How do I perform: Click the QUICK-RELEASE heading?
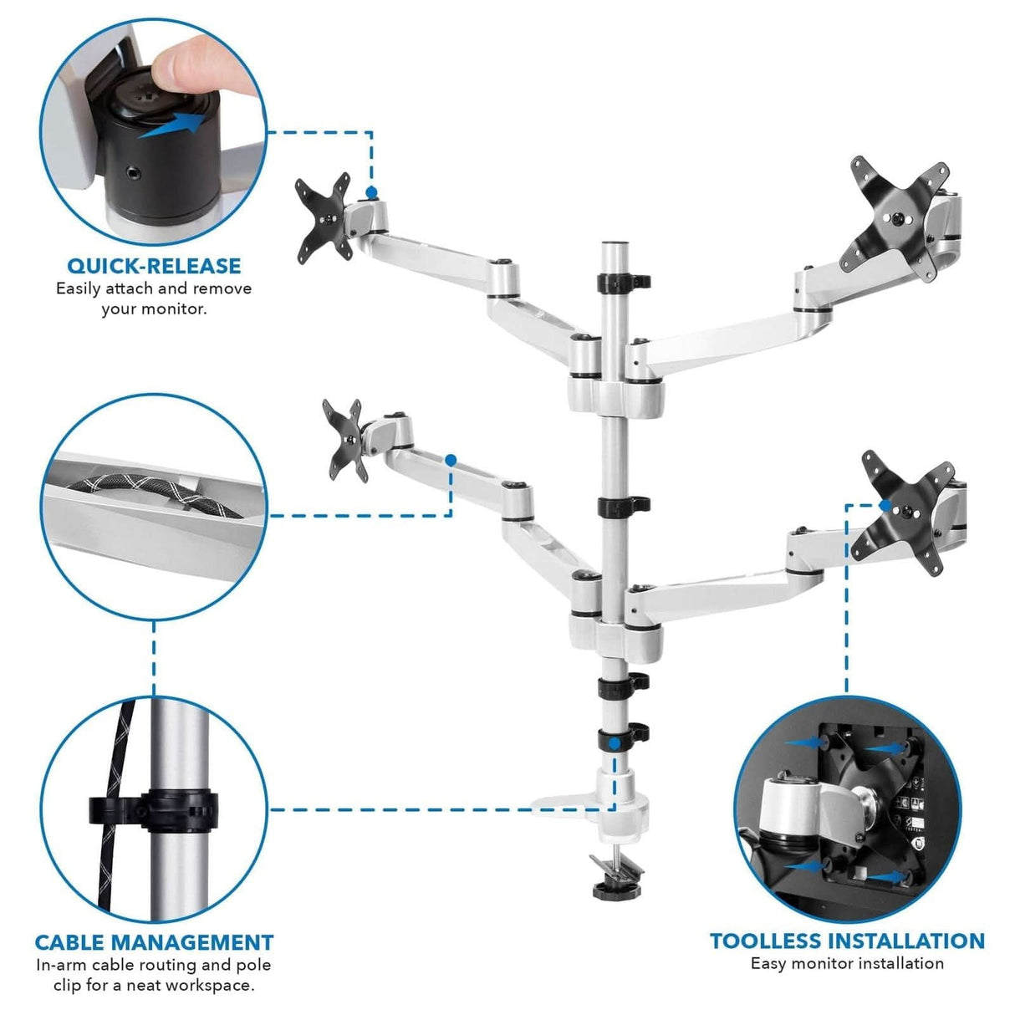154,266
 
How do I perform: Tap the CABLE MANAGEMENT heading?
154,942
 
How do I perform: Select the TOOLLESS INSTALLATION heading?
847,941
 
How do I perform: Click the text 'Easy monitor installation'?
847,963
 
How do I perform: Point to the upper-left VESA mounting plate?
323,217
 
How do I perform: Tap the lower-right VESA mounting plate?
907,523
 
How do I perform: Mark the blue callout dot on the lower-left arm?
451,460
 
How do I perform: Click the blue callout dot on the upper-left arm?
371,192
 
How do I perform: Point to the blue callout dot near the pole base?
615,742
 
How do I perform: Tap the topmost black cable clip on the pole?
623,281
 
